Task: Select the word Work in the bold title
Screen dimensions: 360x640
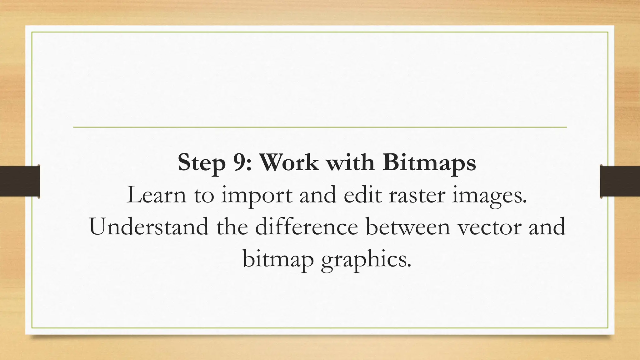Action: (x=289, y=162)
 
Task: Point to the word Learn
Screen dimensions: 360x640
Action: (x=156, y=195)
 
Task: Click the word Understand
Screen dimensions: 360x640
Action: (x=149, y=227)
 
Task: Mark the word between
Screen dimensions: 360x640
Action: (x=408, y=227)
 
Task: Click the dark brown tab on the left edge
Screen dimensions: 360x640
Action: (x=20, y=181)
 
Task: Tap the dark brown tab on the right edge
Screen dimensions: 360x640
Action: (x=620, y=181)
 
